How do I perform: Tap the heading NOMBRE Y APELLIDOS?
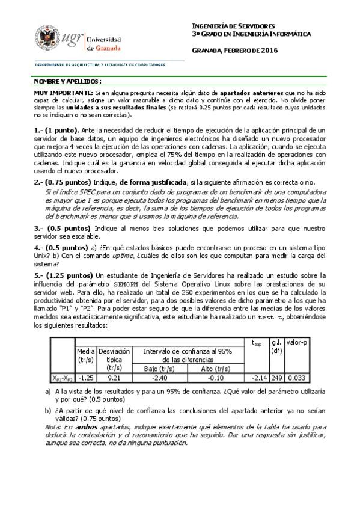click(67, 81)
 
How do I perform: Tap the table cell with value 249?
click(276, 378)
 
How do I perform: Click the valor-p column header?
click(297, 342)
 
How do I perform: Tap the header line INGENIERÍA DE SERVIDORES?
click(233, 26)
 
